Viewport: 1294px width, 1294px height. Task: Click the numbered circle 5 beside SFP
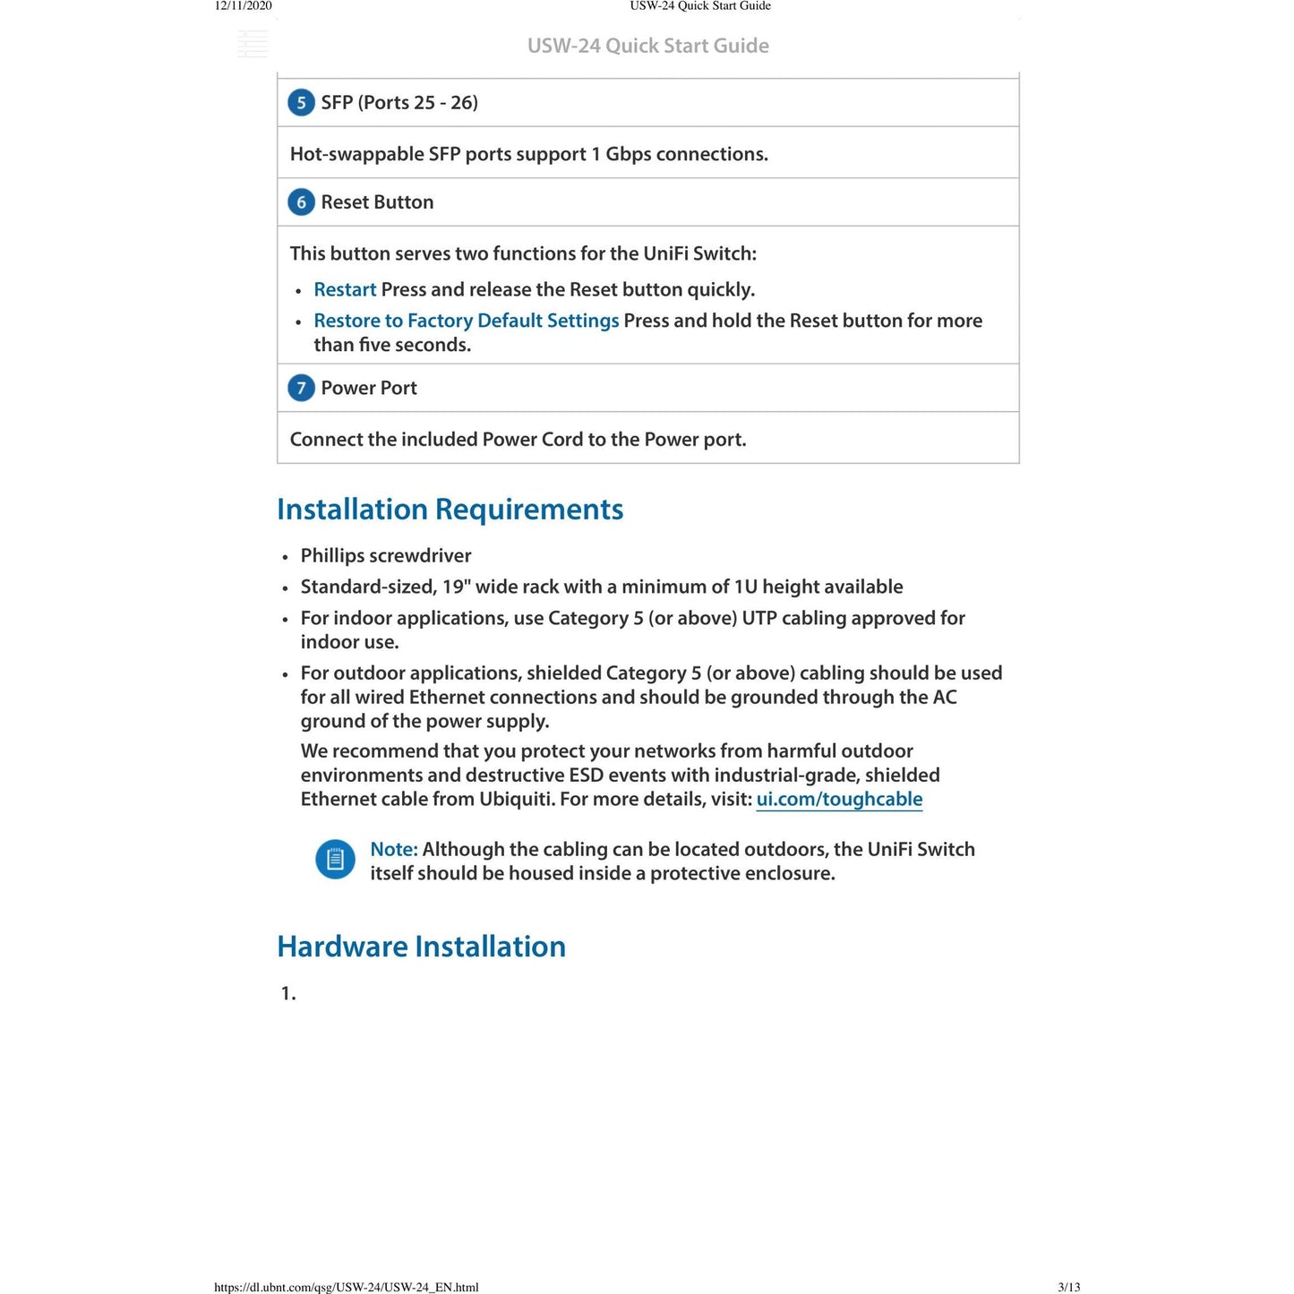(301, 103)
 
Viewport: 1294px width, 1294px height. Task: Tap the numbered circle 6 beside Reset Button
(301, 202)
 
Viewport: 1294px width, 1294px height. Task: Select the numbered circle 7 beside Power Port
(301, 389)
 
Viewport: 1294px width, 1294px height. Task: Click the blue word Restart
(345, 290)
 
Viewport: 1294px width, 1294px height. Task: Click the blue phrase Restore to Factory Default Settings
(466, 321)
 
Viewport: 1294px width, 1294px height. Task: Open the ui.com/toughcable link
(839, 800)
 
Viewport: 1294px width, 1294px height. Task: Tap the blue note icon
(336, 860)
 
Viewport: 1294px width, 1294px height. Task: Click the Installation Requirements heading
(450, 510)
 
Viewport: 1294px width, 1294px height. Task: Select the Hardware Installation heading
(421, 947)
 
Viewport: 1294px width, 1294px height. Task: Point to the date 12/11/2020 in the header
(243, 6)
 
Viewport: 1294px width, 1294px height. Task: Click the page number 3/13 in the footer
(1068, 1288)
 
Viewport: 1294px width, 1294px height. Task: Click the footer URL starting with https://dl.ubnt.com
(347, 1288)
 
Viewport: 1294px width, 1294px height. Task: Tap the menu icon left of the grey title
(253, 44)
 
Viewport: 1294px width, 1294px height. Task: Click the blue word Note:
(394, 850)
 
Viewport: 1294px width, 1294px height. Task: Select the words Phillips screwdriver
(386, 556)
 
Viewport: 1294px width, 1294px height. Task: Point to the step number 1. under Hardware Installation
(288, 993)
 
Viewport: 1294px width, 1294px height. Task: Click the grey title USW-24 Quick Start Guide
(647, 46)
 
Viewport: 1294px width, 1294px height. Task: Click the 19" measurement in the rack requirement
(456, 587)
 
